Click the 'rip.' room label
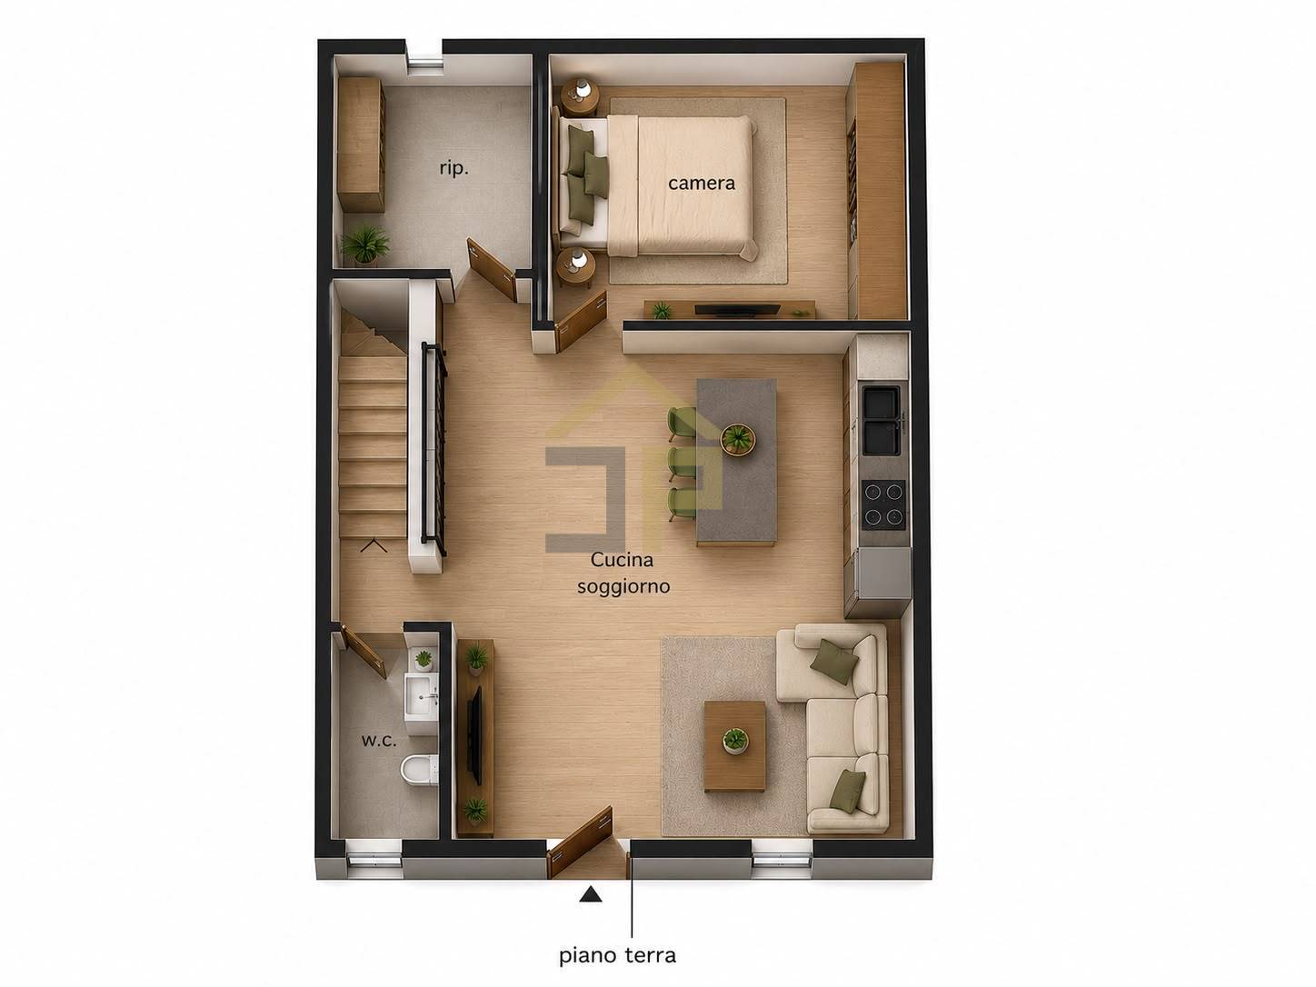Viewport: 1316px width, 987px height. (454, 169)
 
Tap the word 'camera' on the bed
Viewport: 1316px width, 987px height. (702, 183)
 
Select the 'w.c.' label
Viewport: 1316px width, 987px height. (379, 740)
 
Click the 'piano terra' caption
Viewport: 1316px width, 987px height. (617, 954)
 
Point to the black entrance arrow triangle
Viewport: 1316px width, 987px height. (591, 894)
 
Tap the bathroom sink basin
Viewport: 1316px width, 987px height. (422, 696)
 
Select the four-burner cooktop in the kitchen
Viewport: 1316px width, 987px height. (883, 504)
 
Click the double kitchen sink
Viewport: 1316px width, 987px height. (882, 420)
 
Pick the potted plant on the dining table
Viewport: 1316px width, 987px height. (737, 439)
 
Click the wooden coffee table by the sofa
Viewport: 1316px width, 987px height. (734, 746)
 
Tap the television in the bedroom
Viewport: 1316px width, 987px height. (737, 310)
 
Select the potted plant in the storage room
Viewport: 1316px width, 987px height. (364, 244)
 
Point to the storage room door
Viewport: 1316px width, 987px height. (492, 269)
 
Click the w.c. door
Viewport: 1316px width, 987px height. (364, 652)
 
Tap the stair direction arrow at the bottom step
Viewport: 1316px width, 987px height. (374, 545)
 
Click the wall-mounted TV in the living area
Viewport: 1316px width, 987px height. (474, 735)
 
